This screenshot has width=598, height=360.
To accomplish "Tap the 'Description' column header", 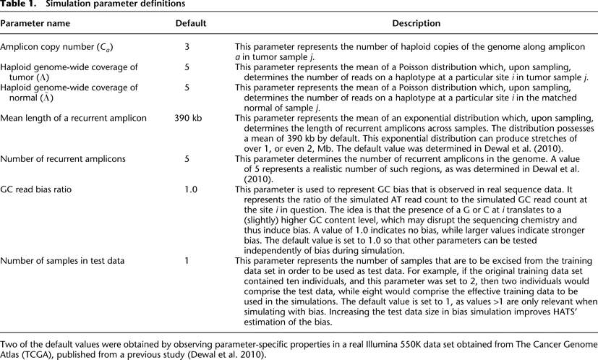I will point(416,24).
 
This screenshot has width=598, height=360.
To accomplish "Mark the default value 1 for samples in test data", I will point(187,259).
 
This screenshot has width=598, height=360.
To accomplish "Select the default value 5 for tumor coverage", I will point(187,67).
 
